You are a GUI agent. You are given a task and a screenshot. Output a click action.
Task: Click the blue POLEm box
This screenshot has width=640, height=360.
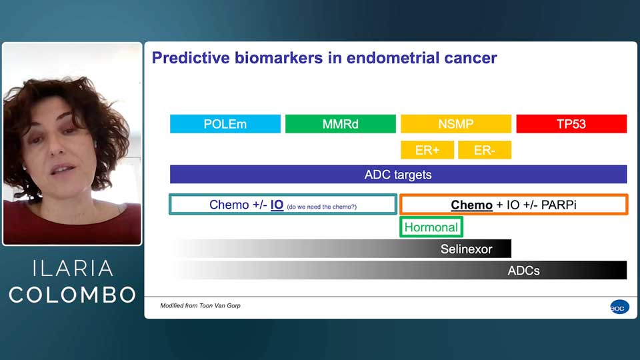tap(225, 124)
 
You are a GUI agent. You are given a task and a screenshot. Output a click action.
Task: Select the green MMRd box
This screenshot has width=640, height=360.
tap(340, 124)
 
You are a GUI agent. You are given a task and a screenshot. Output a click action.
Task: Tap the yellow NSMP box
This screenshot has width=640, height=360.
tap(455, 124)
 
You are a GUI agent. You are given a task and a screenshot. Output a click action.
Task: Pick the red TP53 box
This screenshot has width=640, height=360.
tap(571, 124)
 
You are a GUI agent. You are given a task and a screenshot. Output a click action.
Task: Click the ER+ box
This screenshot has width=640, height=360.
tap(427, 150)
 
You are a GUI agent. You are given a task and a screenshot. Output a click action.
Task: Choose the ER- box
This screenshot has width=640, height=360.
tap(484, 150)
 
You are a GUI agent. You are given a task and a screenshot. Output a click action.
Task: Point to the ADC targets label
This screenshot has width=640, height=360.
tap(398, 175)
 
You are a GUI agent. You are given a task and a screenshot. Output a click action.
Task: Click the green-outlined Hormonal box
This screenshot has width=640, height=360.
tap(431, 227)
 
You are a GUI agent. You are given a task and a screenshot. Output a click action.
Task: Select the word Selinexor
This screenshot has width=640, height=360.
tap(466, 249)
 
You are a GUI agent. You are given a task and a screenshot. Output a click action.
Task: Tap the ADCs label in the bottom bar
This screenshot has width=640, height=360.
tap(523, 271)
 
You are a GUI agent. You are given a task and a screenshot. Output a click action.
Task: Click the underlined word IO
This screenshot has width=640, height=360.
tap(277, 205)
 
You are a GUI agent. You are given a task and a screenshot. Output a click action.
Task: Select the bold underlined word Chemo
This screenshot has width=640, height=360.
tap(471, 205)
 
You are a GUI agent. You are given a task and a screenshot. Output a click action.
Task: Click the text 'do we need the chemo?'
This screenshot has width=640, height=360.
tap(321, 207)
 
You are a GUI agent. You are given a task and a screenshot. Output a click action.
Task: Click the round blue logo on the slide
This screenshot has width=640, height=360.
tap(619, 307)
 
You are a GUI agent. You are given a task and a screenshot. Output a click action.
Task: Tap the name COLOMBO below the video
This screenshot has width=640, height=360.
tap(73, 295)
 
